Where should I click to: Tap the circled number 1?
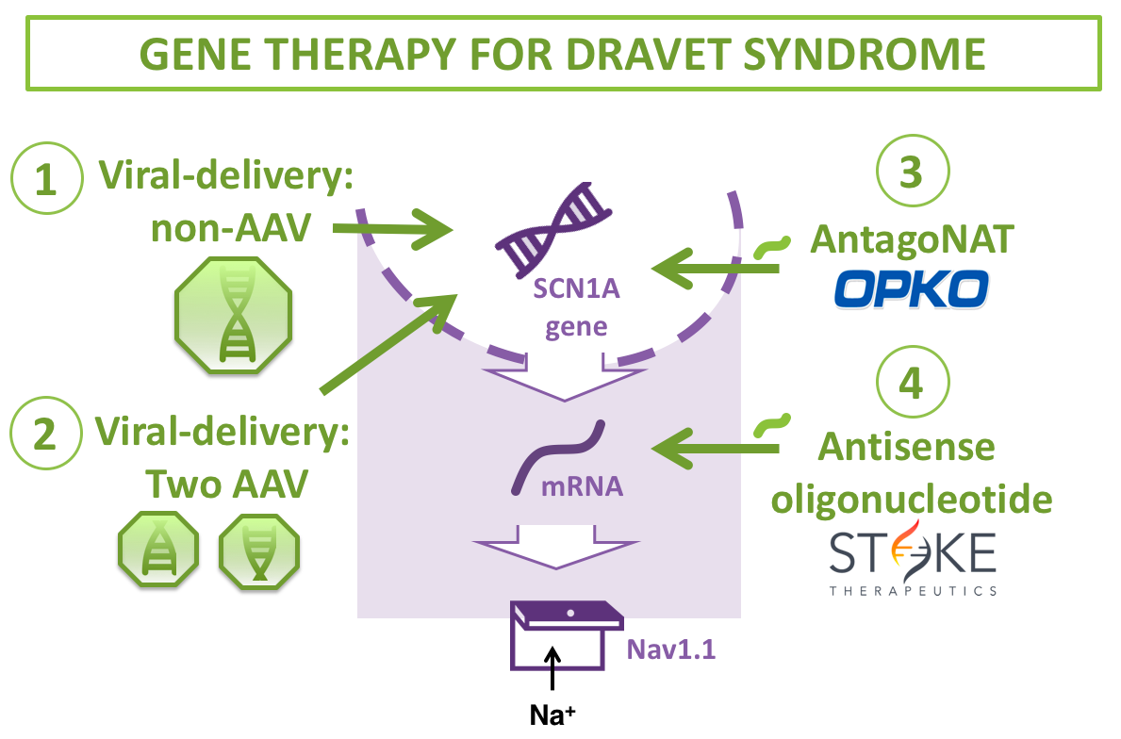[x=46, y=179]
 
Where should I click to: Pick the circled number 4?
[x=912, y=383]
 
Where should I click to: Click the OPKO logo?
[x=911, y=289]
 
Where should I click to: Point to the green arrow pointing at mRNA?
[x=717, y=449]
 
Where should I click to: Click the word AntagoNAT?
[x=912, y=239]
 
